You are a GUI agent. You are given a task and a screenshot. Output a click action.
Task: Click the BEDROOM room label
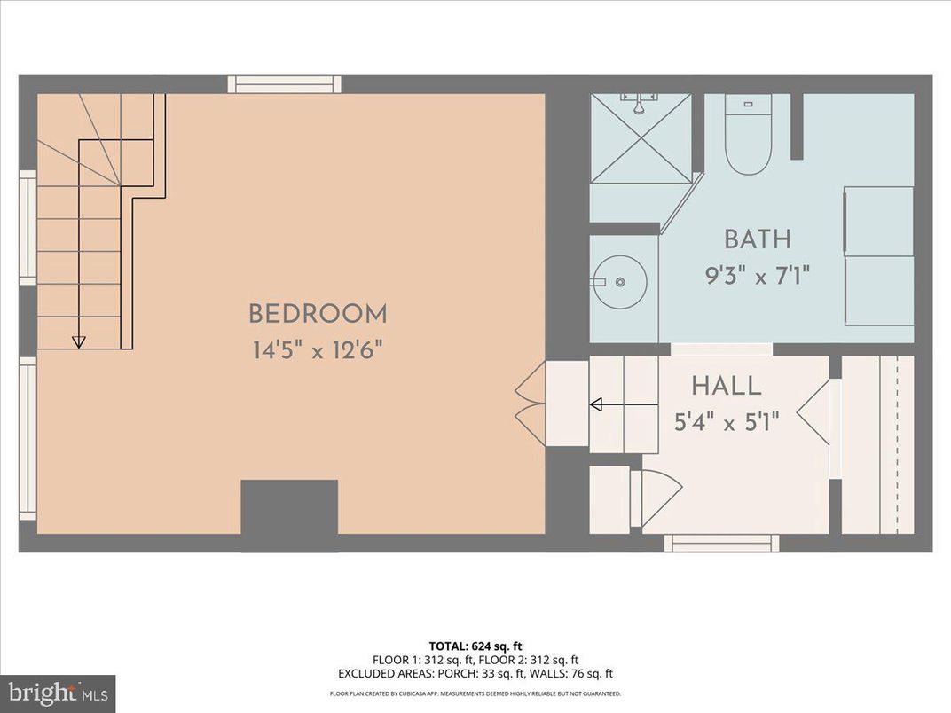point(317,314)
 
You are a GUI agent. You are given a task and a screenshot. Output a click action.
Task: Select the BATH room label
point(757,239)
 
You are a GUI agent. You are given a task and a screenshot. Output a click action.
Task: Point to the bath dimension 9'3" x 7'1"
point(757,274)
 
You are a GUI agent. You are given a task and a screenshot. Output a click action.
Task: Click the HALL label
point(726,386)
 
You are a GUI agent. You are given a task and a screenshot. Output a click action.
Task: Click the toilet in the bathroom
point(748,135)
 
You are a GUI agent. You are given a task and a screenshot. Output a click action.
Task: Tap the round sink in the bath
point(620,282)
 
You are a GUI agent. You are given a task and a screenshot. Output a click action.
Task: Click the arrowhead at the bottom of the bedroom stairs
point(78,341)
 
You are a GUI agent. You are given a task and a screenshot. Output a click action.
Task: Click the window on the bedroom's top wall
point(284,84)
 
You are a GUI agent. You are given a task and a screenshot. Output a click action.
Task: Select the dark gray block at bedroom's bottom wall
point(289,508)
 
